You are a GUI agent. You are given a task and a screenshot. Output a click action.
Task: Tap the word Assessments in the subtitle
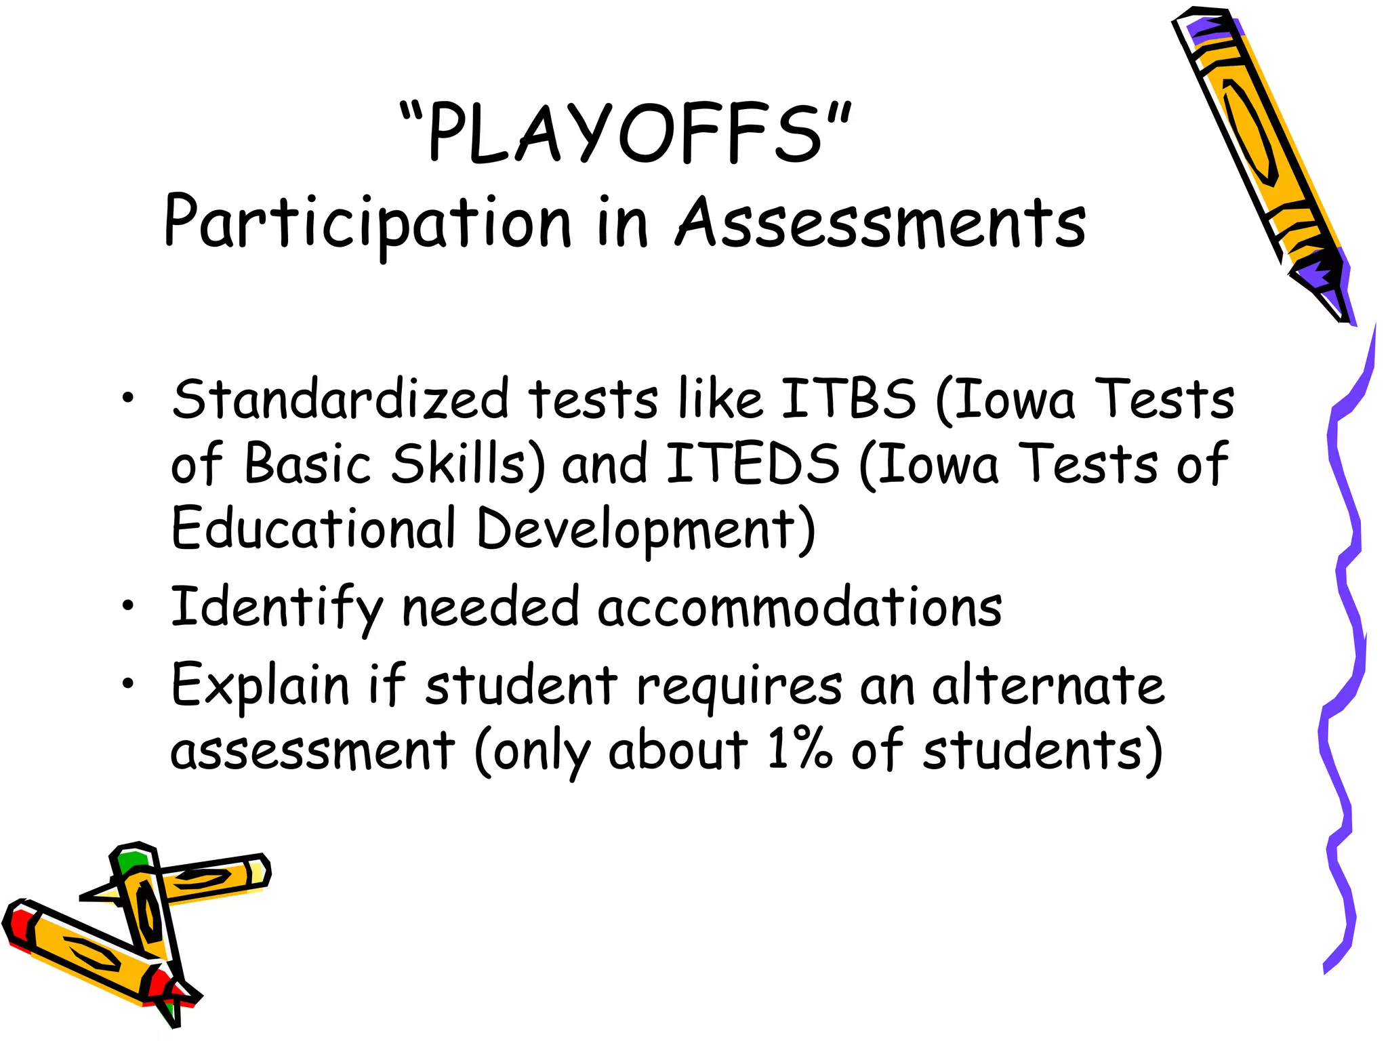[880, 222]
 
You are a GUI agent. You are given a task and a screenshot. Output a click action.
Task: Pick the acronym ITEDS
[753, 464]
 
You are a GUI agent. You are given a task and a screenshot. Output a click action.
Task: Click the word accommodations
[800, 607]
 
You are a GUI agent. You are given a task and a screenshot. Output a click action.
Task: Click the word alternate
[1048, 685]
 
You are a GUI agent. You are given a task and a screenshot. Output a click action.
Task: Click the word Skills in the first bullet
[461, 464]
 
